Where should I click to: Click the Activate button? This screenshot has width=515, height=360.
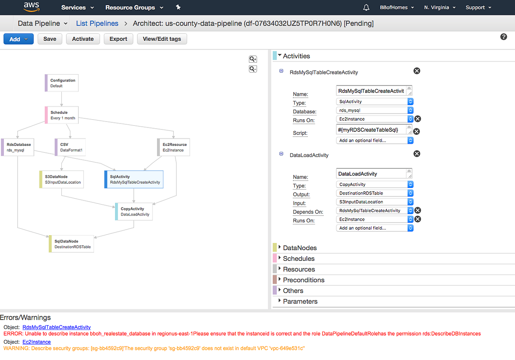83,39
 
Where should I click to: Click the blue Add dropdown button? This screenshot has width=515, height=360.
18,39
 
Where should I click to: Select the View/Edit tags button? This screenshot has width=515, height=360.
162,39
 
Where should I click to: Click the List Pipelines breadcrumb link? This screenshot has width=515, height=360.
97,23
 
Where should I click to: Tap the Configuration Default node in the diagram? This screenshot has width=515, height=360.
62,83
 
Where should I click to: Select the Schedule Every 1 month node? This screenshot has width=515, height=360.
62,115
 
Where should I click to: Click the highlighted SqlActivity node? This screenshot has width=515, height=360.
134,179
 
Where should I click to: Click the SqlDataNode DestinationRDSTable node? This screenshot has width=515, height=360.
72,244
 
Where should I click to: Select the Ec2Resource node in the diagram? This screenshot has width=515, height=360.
173,147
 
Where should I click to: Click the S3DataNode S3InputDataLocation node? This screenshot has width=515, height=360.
62,179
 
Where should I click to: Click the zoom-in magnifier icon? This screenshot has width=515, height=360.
253,59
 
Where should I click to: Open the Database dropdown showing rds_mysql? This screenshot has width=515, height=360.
375,110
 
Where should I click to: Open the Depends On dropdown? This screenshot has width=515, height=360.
375,211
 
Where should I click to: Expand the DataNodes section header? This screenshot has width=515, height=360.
300,248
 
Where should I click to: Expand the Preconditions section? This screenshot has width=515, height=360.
303,280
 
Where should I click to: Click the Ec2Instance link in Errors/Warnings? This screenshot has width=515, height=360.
36,342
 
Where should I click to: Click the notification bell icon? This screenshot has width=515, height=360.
366,7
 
